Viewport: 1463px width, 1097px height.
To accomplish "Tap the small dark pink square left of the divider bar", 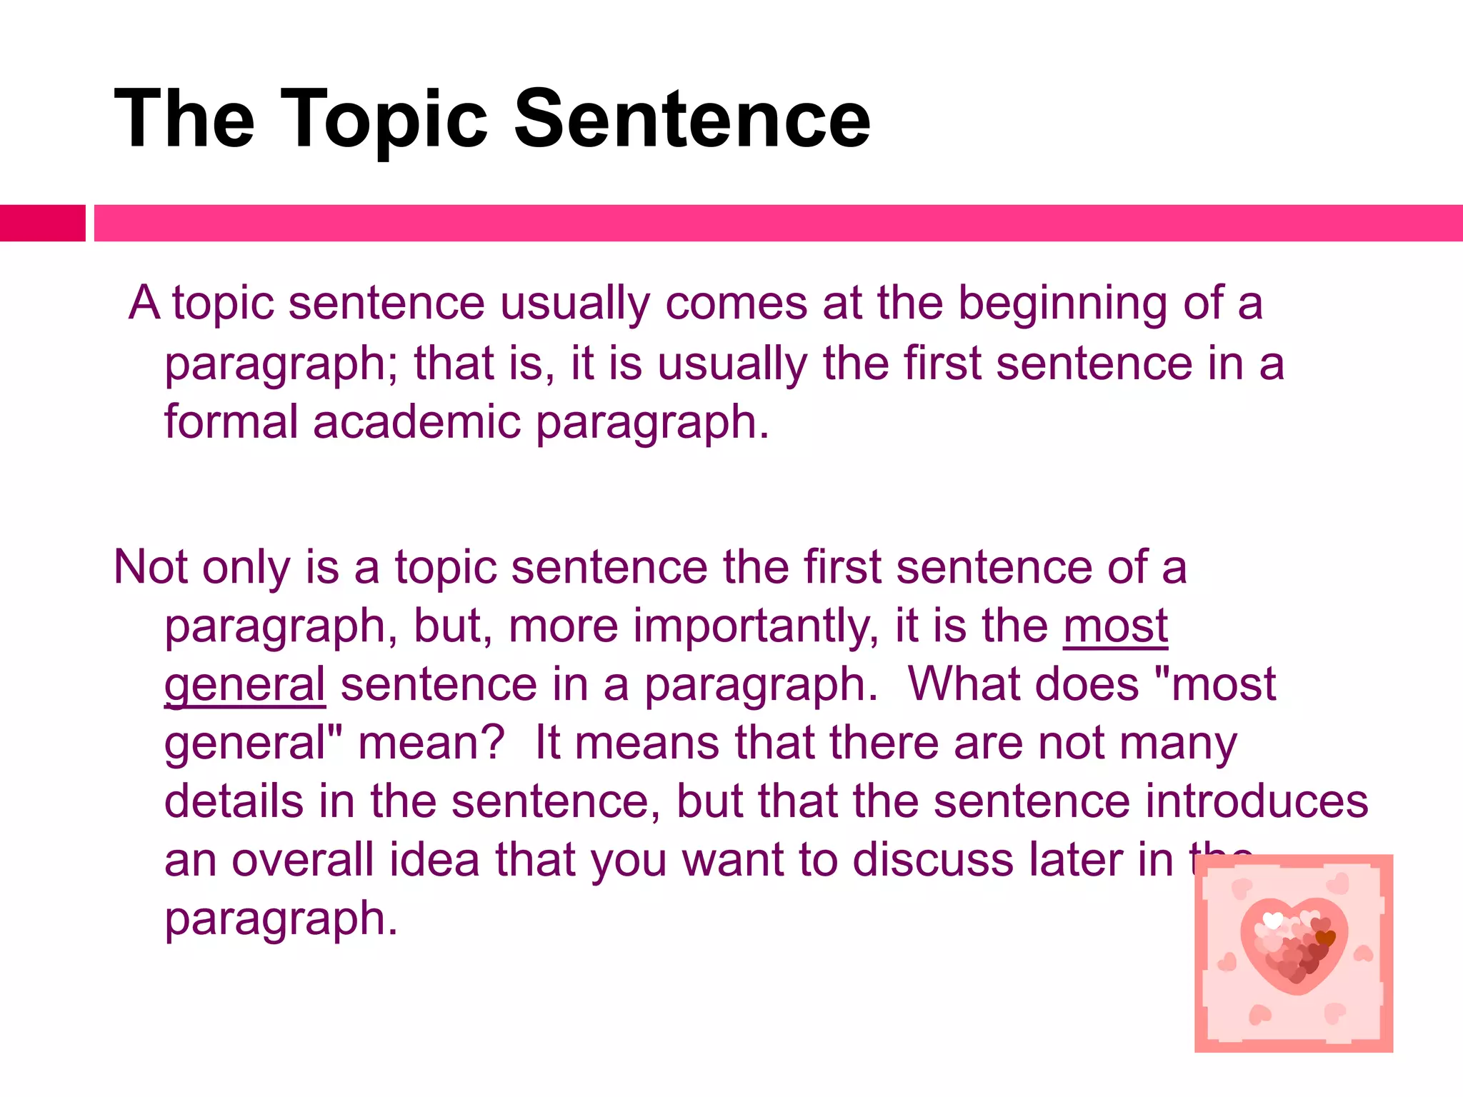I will click(x=42, y=223).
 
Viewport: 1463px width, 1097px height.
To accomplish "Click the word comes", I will click(x=736, y=304).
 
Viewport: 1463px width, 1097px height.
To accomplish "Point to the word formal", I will click(x=231, y=421).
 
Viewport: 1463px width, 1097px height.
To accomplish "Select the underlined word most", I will click(x=1115, y=627).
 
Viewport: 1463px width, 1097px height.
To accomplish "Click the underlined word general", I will click(x=245, y=686).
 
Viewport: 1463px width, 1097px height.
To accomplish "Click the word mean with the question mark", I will click(x=431, y=743).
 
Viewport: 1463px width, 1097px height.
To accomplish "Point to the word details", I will click(x=234, y=801).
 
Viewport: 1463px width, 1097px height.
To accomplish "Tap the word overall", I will click(x=302, y=860).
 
